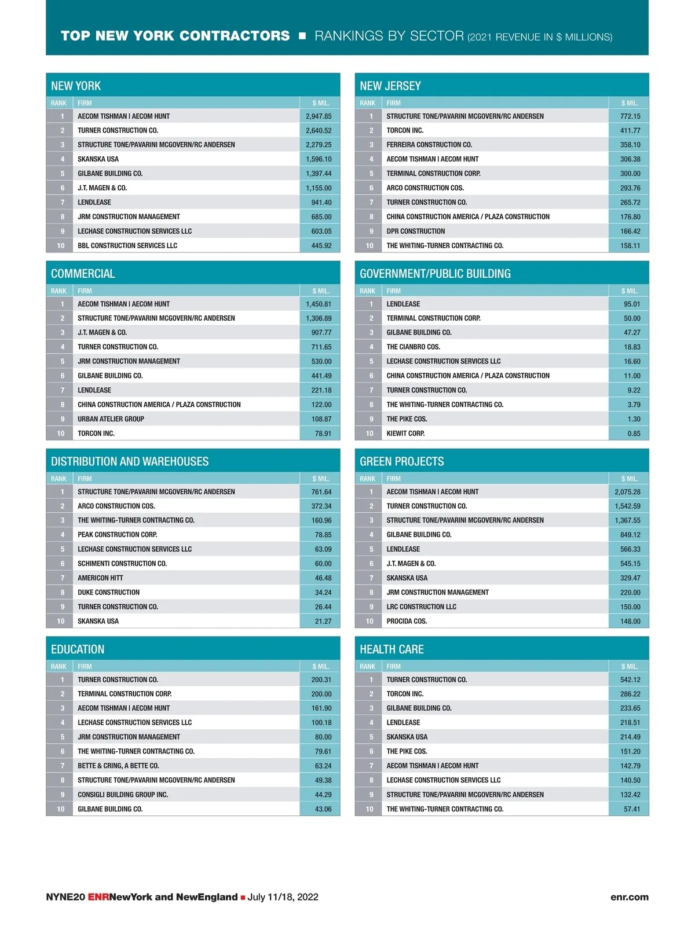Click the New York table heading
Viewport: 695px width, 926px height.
click(x=76, y=86)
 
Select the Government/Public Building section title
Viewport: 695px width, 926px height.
click(x=435, y=274)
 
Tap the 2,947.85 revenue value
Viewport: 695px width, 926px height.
click(x=319, y=116)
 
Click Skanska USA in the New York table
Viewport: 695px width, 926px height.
click(x=98, y=159)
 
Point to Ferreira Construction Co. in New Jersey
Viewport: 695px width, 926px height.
click(x=429, y=145)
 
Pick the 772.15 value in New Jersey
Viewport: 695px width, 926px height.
click(x=630, y=116)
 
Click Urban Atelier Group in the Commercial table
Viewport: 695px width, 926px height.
click(x=111, y=419)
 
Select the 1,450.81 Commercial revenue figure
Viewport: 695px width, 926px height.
click(x=319, y=304)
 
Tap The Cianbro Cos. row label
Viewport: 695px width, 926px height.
click(x=413, y=347)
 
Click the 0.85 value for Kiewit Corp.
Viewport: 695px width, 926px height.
click(x=634, y=433)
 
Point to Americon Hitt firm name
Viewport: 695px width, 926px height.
click(x=100, y=578)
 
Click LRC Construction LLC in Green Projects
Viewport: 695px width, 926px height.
click(x=421, y=607)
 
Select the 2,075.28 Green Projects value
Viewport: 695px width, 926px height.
click(x=627, y=492)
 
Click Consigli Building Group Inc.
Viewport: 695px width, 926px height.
click(x=123, y=795)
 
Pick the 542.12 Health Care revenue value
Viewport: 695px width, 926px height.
click(x=630, y=679)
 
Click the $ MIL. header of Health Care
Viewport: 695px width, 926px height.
click(x=629, y=667)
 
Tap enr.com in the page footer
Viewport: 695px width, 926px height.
click(x=629, y=897)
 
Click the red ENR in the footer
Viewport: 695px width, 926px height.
click(x=98, y=897)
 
